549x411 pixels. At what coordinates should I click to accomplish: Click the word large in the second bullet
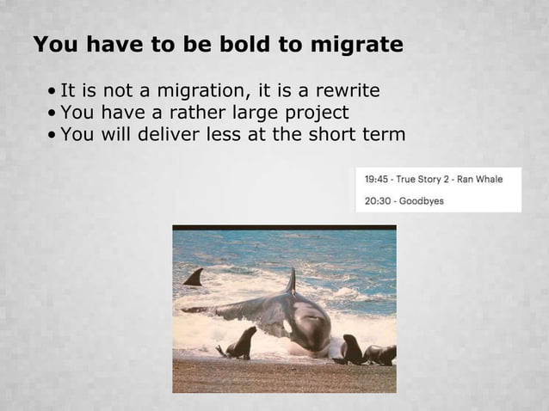231,113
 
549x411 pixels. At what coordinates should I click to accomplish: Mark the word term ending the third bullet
383,136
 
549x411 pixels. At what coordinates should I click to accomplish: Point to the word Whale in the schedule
487,180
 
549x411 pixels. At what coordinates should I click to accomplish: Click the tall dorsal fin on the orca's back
291,281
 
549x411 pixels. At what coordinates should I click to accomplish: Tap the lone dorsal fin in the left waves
194,277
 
